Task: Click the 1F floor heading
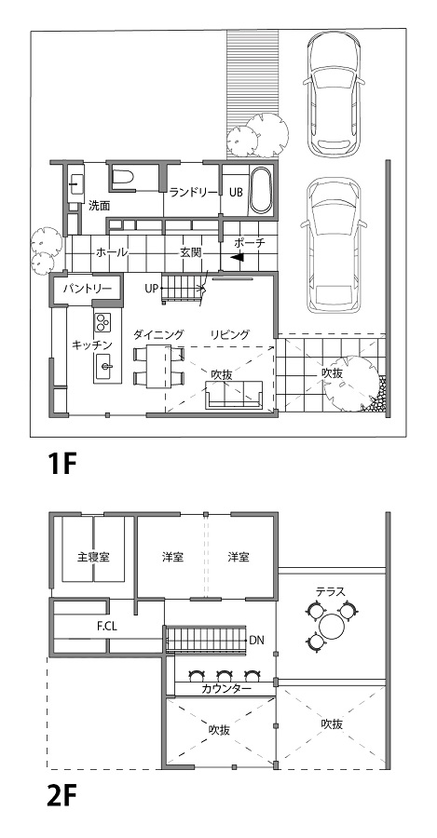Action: [x=62, y=465]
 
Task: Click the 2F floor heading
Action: [x=62, y=799]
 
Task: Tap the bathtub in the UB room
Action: [x=262, y=191]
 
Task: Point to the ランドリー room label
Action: [x=194, y=193]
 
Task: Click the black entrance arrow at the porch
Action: [x=238, y=257]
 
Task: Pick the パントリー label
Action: [x=88, y=289]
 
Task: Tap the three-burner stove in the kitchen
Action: [x=102, y=322]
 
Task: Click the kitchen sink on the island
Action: [x=105, y=366]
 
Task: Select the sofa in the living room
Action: [x=235, y=396]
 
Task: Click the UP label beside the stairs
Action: [x=151, y=289]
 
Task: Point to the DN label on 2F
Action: [x=257, y=640]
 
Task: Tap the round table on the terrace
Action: [x=334, y=626]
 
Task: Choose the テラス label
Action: [x=331, y=591]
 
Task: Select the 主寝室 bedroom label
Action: [x=93, y=557]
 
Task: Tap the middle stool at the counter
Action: [x=224, y=675]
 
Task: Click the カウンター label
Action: [x=226, y=689]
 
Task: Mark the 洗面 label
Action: [x=100, y=205]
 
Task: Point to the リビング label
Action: [x=230, y=335]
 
